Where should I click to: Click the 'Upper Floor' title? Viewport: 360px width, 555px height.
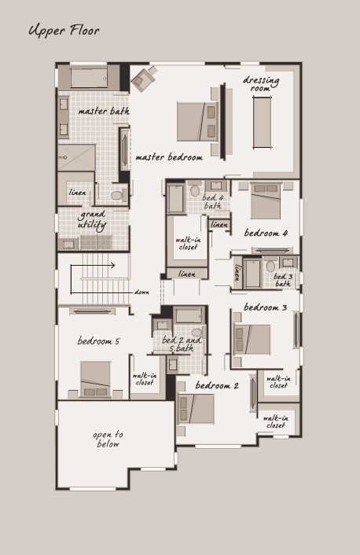(x=64, y=31)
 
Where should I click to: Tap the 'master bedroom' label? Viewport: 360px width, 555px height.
(x=169, y=157)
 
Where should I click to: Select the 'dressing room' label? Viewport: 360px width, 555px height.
(x=261, y=84)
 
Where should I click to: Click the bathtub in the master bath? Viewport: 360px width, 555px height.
(x=89, y=78)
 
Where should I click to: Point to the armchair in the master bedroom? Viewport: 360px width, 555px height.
(x=144, y=79)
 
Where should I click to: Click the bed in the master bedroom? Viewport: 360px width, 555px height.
(x=197, y=122)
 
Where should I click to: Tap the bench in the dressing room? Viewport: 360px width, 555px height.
(x=263, y=122)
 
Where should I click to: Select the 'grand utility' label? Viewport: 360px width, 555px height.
(x=92, y=220)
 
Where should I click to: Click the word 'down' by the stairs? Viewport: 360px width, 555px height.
(x=141, y=292)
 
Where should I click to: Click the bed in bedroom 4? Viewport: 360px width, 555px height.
(x=266, y=201)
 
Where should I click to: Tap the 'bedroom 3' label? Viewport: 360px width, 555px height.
(x=265, y=307)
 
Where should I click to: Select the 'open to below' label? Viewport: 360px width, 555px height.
(x=108, y=439)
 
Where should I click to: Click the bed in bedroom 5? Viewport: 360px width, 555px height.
(x=96, y=379)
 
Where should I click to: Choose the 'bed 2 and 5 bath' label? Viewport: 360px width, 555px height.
(x=182, y=344)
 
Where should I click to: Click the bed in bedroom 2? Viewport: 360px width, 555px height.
(x=196, y=409)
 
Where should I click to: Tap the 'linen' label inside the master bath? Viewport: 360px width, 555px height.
(x=78, y=193)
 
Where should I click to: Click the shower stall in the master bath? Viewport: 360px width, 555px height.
(x=76, y=157)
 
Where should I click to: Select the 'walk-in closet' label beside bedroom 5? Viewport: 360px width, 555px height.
(x=145, y=379)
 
